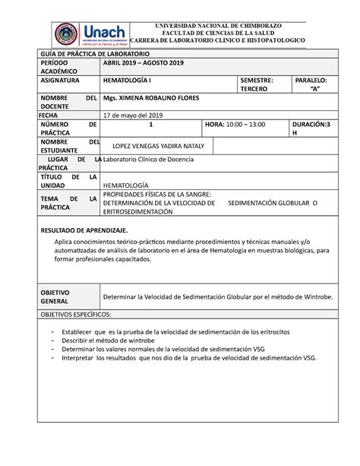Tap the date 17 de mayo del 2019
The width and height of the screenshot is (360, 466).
point(133,115)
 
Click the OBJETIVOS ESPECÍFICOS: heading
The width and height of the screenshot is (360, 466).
point(75,313)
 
